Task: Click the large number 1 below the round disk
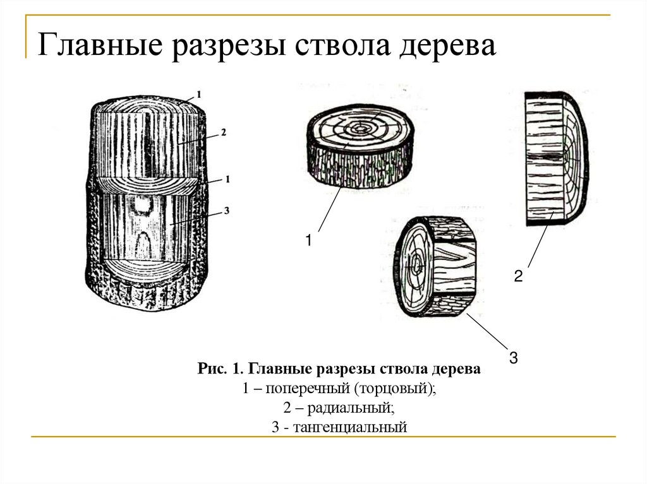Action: tap(309, 240)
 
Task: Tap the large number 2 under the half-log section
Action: tap(517, 276)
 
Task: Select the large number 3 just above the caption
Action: tap(513, 358)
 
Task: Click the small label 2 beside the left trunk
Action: tap(224, 133)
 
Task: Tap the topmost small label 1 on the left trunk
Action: tap(199, 94)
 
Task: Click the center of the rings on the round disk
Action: tap(360, 128)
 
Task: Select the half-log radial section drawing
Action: tap(556, 158)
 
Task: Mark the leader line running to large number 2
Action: tap(540, 243)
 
